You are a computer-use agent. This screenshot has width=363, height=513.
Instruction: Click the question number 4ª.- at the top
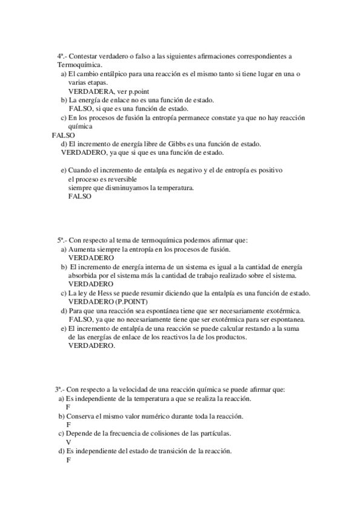pyautogui.click(x=62, y=56)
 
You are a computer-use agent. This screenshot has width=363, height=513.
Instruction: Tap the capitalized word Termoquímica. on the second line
pyautogui.click(x=79, y=65)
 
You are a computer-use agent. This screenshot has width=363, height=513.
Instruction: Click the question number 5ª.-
pyautogui.click(x=63, y=240)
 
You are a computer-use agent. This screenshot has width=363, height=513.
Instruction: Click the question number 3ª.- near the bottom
pyautogui.click(x=60, y=390)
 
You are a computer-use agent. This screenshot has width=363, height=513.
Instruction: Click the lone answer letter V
pyautogui.click(x=68, y=442)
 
